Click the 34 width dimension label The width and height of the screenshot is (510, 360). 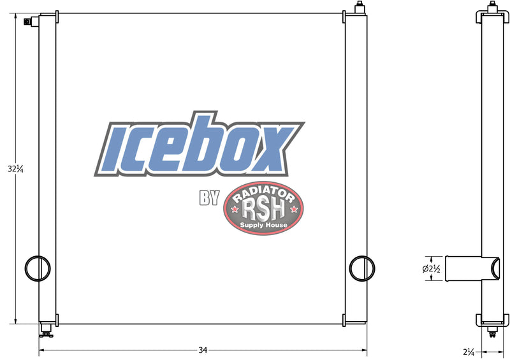click(203, 350)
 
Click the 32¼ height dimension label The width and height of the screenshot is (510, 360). click(15, 169)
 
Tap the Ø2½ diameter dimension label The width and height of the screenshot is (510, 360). click(432, 268)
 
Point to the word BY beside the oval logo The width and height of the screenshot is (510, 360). click(209, 198)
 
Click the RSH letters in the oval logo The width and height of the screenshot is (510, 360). click(264, 209)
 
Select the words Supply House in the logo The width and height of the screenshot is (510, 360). click(264, 226)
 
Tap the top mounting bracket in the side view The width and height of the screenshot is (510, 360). click(492, 16)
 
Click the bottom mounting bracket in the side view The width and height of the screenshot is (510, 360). click(492, 319)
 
